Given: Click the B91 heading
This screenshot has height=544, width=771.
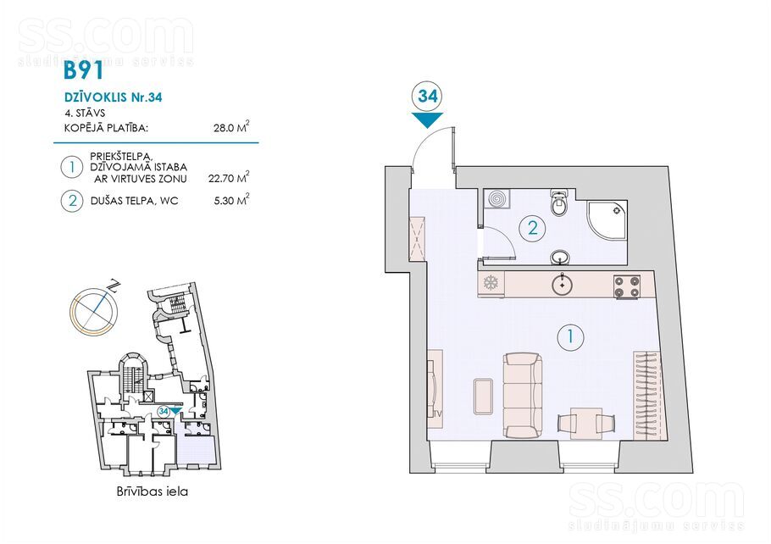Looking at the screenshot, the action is coord(84,70).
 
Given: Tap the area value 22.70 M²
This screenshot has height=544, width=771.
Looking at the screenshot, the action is coord(229,177).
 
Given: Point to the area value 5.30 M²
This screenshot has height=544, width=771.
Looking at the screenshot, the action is coord(231,200).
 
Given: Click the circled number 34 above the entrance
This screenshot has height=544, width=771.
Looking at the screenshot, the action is coord(427,96).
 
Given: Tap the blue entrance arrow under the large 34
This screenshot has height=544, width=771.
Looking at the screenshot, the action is coord(427,119).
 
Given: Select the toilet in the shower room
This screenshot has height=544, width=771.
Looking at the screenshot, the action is coord(558,203).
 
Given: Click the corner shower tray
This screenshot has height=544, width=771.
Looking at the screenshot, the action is coord(607,220).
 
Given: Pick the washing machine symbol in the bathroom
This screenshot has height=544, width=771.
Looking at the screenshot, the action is coord(496,200).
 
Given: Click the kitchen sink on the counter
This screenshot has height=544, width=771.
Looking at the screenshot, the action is coord(562,284).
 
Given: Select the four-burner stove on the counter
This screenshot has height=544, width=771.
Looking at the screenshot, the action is coord(627,286).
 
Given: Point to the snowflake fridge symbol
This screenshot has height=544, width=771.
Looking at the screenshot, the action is coord(491,283).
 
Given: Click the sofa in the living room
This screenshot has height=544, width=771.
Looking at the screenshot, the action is coord(523,396).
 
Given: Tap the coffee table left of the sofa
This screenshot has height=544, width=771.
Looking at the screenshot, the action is coord(483,396).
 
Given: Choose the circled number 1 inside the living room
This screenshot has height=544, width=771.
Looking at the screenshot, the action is coord(570,336).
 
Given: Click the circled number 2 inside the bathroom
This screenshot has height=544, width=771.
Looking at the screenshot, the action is coord(533,228).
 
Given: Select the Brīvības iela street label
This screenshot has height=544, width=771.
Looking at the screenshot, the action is coord(153,491).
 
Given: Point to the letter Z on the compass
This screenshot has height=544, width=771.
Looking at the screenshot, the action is coord(114,286).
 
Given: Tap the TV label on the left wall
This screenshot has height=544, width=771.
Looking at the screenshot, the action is coord(438,414).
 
